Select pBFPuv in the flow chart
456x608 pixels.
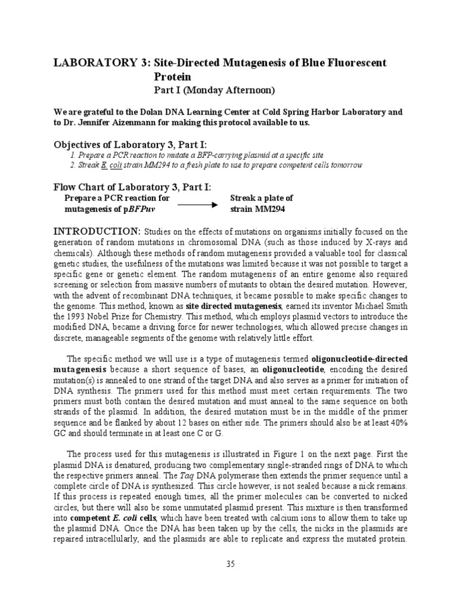point(143,209)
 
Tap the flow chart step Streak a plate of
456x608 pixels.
point(261,198)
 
